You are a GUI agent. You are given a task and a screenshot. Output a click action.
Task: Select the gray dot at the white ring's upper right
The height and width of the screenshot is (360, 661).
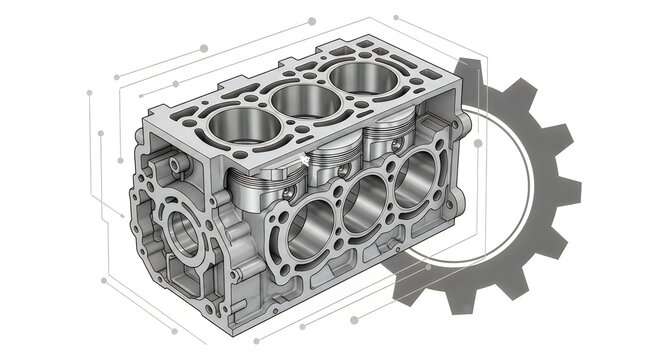[479, 144]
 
